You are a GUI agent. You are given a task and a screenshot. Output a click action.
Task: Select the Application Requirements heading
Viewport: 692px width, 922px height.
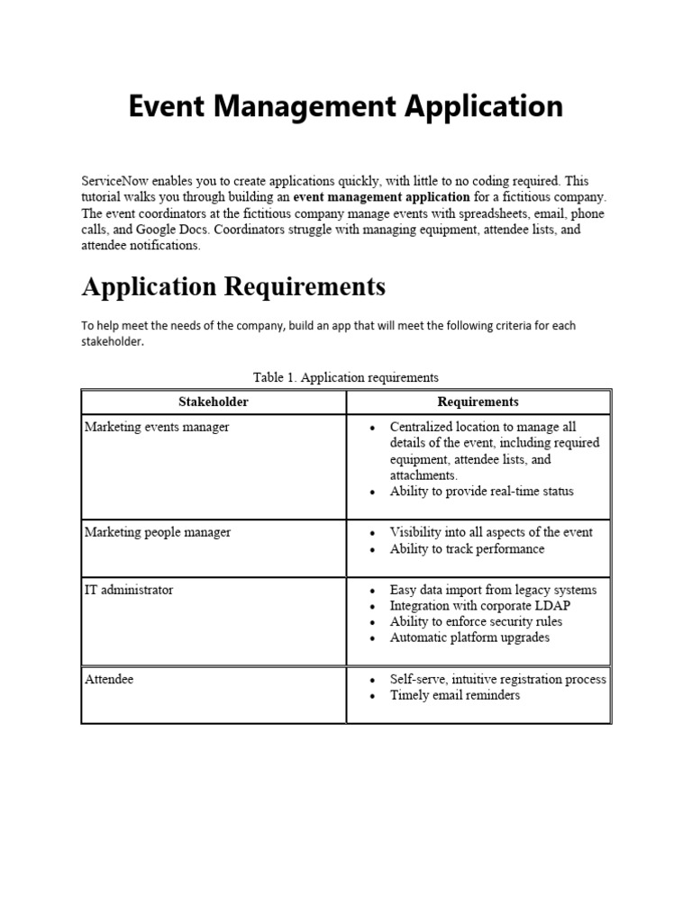pyautogui.click(x=233, y=286)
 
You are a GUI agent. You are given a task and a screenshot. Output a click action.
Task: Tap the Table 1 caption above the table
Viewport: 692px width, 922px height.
pyautogui.click(x=346, y=377)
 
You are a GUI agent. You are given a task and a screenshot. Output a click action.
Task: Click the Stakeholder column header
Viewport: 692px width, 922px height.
pyautogui.click(x=214, y=402)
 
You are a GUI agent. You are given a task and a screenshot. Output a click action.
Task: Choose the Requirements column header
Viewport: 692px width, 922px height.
pyautogui.click(x=478, y=402)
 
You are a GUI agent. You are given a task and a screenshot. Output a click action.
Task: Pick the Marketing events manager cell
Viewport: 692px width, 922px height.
pyautogui.click(x=157, y=427)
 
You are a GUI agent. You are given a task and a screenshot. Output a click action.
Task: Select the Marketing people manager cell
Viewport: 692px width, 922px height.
pyautogui.click(x=158, y=532)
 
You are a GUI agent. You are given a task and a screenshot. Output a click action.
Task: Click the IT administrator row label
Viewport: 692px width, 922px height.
pyautogui.click(x=129, y=590)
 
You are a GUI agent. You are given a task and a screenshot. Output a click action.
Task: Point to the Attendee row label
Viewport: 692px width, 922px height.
pyautogui.click(x=109, y=679)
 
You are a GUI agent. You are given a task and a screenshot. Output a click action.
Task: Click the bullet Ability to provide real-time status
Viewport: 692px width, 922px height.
pyautogui.click(x=481, y=492)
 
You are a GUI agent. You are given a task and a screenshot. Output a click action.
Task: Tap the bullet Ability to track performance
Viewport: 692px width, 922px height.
pyautogui.click(x=467, y=548)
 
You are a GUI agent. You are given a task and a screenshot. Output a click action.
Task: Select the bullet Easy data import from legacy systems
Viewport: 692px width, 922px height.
pyautogui.click(x=493, y=590)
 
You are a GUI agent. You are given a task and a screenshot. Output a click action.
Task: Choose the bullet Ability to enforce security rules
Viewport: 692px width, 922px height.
pyautogui.click(x=476, y=621)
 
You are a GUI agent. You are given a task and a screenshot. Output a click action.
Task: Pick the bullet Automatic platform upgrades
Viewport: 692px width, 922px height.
pyautogui.click(x=469, y=637)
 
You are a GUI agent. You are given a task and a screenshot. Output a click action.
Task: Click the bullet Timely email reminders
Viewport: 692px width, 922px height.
pyautogui.click(x=454, y=695)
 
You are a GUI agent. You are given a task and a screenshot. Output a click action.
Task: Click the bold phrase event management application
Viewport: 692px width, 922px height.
pyautogui.click(x=381, y=197)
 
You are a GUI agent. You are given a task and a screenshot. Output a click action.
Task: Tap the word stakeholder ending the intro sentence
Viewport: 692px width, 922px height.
pyautogui.click(x=112, y=342)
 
